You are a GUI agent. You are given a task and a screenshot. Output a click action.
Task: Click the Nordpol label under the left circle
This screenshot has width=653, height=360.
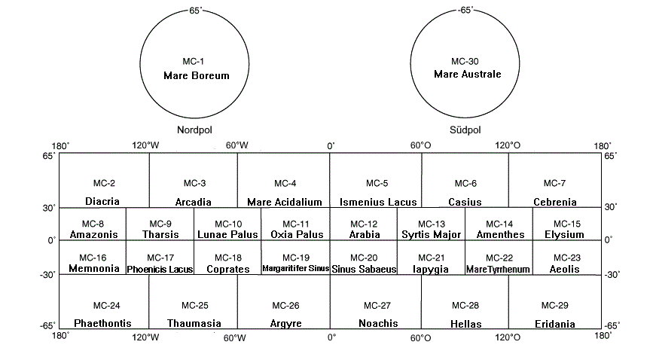[x=196, y=130]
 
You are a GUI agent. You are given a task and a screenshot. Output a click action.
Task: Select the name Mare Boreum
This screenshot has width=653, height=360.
[x=196, y=76]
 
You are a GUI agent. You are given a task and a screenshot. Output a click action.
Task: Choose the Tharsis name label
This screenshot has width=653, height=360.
[x=160, y=234]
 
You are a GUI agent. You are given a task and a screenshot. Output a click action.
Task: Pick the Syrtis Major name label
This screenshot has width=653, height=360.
[x=432, y=234]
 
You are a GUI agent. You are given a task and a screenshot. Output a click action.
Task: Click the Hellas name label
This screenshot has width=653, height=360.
[x=465, y=324]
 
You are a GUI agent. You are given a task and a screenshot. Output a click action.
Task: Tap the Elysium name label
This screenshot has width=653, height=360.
[x=565, y=234]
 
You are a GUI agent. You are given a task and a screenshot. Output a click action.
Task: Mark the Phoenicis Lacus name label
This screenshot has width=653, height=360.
[x=160, y=269]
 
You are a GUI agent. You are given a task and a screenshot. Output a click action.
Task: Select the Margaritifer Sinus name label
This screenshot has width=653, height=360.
[x=295, y=268]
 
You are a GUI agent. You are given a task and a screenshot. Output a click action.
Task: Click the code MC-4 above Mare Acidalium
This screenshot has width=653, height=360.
[x=285, y=184]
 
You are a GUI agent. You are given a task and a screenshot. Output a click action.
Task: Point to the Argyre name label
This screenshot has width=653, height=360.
[x=285, y=324]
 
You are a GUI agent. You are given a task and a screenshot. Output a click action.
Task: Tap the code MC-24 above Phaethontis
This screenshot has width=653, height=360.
[x=104, y=305]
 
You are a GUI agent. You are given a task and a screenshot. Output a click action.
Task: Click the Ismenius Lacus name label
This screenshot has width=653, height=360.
[x=378, y=202]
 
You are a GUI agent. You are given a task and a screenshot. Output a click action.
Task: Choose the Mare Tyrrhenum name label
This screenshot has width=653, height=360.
[x=499, y=269]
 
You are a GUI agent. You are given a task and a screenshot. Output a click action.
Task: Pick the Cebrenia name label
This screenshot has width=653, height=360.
[x=555, y=202]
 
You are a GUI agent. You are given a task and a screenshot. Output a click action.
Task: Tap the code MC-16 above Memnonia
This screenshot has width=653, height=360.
[x=93, y=258]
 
